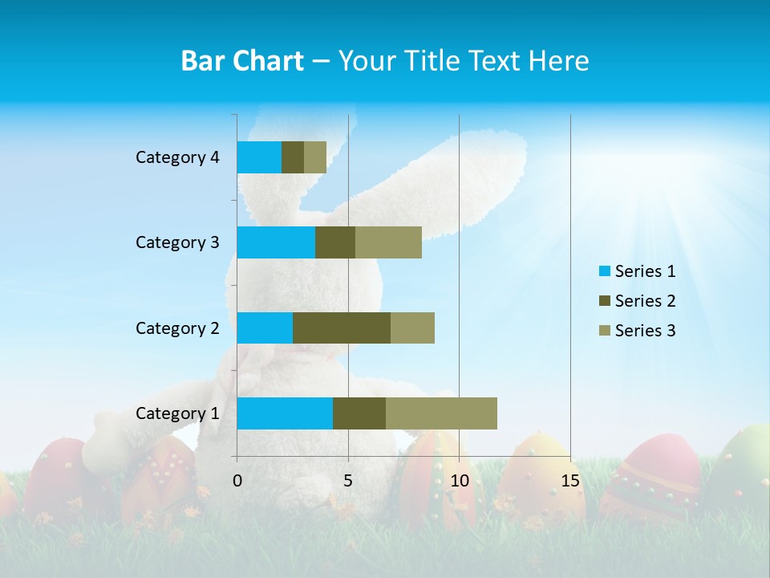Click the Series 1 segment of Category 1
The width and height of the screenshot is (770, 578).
coord(285,413)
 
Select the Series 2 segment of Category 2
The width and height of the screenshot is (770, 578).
coord(342,328)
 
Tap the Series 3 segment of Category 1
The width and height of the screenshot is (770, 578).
coord(441,413)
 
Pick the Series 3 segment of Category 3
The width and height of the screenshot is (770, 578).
coord(388,242)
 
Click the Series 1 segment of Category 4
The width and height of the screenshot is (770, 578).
coord(259,157)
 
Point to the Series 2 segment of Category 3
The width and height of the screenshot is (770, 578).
coord(335,242)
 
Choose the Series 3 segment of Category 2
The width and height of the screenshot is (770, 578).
coord(412,328)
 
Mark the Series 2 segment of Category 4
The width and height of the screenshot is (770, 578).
coord(293,157)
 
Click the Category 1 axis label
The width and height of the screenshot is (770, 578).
coord(177,413)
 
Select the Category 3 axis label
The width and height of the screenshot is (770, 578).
coord(177,242)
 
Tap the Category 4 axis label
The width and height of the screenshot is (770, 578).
coord(177,157)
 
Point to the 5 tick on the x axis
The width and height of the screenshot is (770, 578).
coord(348,481)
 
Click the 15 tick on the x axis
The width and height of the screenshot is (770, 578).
coord(570,481)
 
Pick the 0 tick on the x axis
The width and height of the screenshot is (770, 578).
coord(237,481)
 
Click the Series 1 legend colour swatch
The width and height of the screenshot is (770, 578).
coord(603,271)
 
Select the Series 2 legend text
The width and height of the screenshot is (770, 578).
coord(645,301)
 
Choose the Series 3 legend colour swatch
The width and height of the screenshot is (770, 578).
coord(603,331)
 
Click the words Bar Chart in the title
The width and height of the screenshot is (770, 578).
coord(242,61)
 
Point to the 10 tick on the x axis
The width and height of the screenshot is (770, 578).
coord(459,481)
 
